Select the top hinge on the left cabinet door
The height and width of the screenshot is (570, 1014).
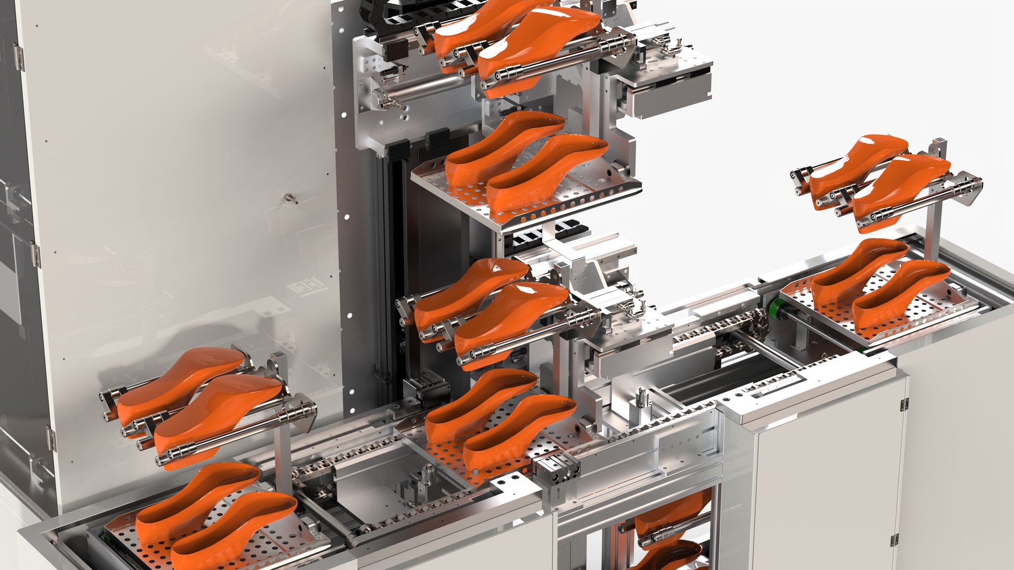click(18, 57)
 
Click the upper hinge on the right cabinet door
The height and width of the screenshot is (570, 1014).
click(904, 405)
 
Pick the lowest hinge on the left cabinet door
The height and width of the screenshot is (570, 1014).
click(51, 438)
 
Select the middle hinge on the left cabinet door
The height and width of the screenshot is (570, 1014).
click(35, 254)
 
